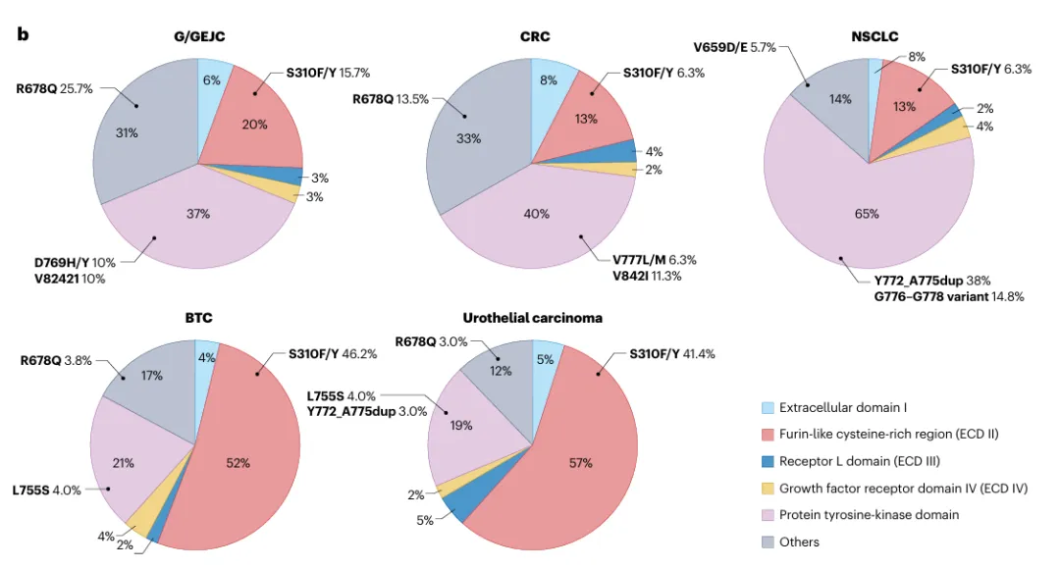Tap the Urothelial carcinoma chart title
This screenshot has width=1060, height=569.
pyautogui.click(x=532, y=318)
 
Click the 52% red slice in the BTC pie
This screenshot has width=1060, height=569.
pyautogui.click(x=238, y=463)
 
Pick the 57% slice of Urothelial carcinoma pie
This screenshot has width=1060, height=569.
pyautogui.click(x=579, y=461)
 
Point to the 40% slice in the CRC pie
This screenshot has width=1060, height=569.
pyautogui.click(x=537, y=214)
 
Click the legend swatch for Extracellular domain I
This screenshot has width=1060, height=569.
pyautogui.click(x=768, y=407)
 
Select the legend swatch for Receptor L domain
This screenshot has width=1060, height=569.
pyautogui.click(x=768, y=461)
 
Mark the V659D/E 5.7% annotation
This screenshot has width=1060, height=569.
pyautogui.click(x=734, y=46)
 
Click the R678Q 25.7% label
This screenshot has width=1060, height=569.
pyautogui.click(x=54, y=88)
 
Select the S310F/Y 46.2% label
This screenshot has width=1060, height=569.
pyautogui.click(x=331, y=353)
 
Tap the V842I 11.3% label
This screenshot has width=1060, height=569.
pyautogui.click(x=647, y=276)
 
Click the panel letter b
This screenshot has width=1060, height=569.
pyautogui.click(x=23, y=34)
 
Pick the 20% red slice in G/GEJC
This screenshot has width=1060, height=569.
pyautogui.click(x=255, y=125)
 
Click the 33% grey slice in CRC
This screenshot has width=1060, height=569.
pyautogui.click(x=469, y=138)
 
